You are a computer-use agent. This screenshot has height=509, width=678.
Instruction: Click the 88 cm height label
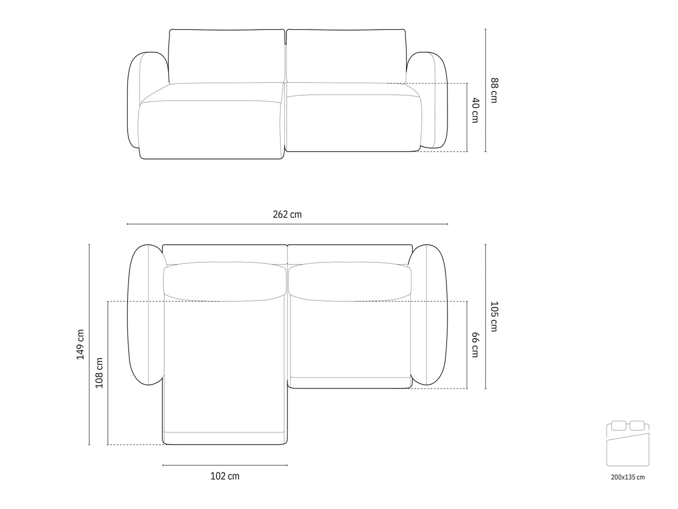click(493, 90)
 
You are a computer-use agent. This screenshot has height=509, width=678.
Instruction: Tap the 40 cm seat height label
click(475, 110)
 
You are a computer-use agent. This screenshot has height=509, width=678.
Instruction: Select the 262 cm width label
click(287, 215)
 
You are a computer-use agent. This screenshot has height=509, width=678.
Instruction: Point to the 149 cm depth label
click(80, 344)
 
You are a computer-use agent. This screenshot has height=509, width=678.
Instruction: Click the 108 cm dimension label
click(99, 373)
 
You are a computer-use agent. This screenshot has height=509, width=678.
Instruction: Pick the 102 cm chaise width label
click(225, 476)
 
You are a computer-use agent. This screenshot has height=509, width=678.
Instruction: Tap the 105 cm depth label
click(493, 316)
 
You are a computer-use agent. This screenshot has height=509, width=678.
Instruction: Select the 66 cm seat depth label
click(475, 345)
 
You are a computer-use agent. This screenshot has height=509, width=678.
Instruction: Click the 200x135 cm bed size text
click(628, 477)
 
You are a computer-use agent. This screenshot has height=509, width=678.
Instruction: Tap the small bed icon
click(628, 444)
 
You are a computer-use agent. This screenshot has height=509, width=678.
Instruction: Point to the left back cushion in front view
click(227, 55)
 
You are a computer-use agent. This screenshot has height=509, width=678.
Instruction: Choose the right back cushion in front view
click(347, 55)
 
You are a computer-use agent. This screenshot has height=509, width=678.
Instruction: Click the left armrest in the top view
click(145, 315)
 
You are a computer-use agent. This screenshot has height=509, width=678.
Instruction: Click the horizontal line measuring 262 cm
click(287, 224)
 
